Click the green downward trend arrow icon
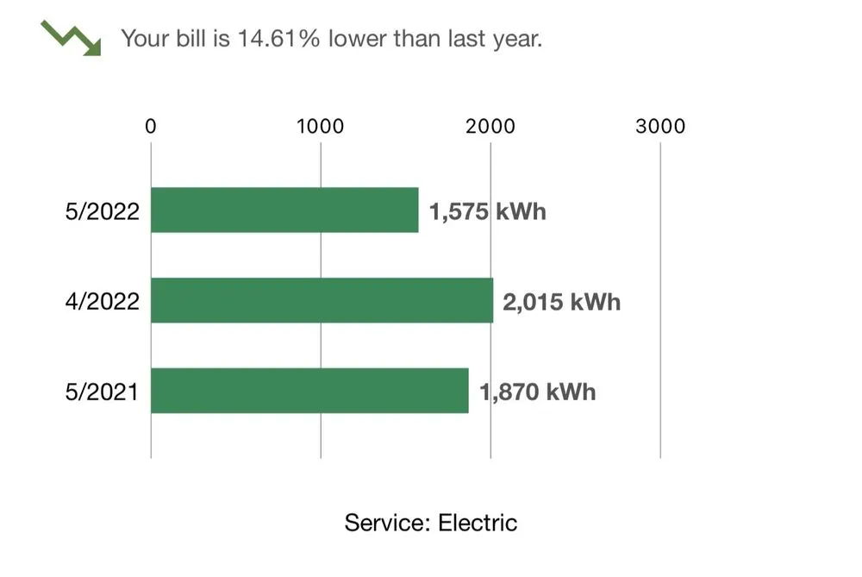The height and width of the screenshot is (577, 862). pyautogui.click(x=71, y=38)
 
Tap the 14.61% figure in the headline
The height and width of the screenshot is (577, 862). pyautogui.click(x=278, y=39)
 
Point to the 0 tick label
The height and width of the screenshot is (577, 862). pyautogui.click(x=151, y=126)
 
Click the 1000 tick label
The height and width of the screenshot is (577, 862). pyautogui.click(x=321, y=126)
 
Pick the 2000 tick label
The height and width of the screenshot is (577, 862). pyautogui.click(x=490, y=126)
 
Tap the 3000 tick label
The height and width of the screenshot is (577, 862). pyautogui.click(x=660, y=126)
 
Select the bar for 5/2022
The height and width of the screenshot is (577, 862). pyautogui.click(x=284, y=210)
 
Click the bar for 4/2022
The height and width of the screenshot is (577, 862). pyautogui.click(x=322, y=300)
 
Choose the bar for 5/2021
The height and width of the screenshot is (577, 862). pyautogui.click(x=310, y=391)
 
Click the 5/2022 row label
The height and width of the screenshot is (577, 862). pyautogui.click(x=103, y=211)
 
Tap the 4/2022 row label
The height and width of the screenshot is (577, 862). pyautogui.click(x=103, y=301)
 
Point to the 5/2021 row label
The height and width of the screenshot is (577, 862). pyautogui.click(x=102, y=392)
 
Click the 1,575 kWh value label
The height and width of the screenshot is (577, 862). pyautogui.click(x=488, y=212)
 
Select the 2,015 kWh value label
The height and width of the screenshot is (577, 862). pyautogui.click(x=562, y=302)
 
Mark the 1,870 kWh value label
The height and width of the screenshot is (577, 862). pyautogui.click(x=538, y=392)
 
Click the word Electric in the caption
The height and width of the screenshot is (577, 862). pyautogui.click(x=478, y=523)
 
